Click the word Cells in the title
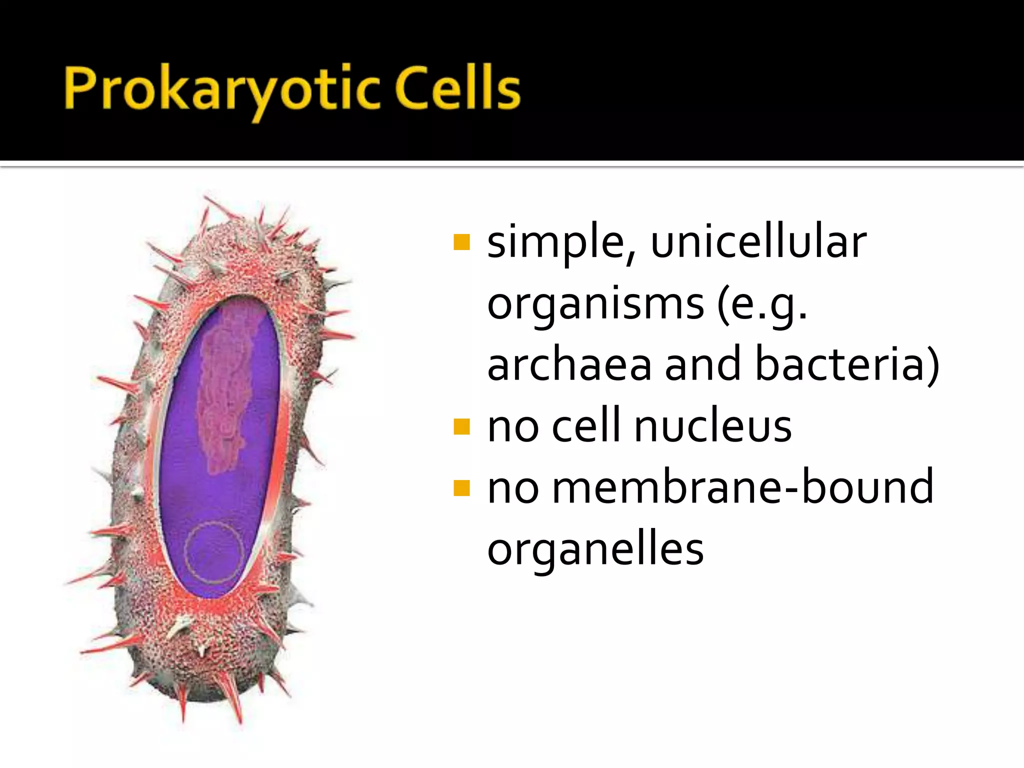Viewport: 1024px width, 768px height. pyautogui.click(x=457, y=89)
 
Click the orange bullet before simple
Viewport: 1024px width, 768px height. pyautogui.click(x=461, y=242)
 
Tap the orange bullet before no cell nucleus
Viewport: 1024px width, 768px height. pyautogui.click(x=461, y=426)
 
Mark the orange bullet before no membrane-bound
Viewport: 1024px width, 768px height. pyautogui.click(x=461, y=488)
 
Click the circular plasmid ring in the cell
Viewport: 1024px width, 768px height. pyautogui.click(x=214, y=552)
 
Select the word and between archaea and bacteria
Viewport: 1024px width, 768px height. pyautogui.click(x=703, y=364)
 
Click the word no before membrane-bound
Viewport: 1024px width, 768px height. pyautogui.click(x=513, y=489)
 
